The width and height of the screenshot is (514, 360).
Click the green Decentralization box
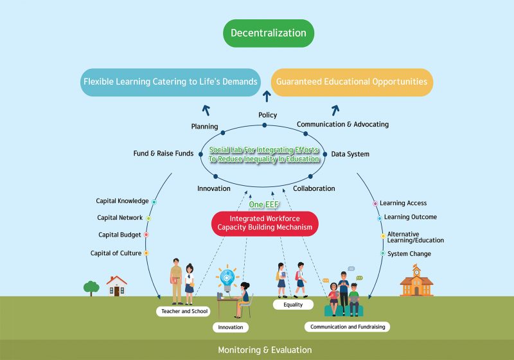pyautogui.click(x=268, y=33)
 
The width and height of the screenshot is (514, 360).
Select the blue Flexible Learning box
pyautogui.click(x=170, y=82)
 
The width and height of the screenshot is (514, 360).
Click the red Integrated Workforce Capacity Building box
pyautogui.click(x=265, y=223)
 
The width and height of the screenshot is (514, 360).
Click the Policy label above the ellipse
pyautogui.click(x=267, y=115)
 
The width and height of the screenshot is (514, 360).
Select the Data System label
pyautogui.click(x=350, y=154)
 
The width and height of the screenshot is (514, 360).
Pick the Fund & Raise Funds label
pyautogui.click(x=163, y=154)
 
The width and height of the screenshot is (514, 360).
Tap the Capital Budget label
pyautogui.click(x=120, y=235)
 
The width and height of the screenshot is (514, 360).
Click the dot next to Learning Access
pyautogui.click(x=375, y=204)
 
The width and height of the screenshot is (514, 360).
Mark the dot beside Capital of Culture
pyautogui.click(x=146, y=253)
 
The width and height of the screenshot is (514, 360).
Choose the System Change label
pyautogui.click(x=410, y=254)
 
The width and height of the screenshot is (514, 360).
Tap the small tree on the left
pyautogui.click(x=91, y=287)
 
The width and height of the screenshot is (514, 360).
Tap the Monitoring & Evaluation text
pyautogui.click(x=265, y=350)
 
